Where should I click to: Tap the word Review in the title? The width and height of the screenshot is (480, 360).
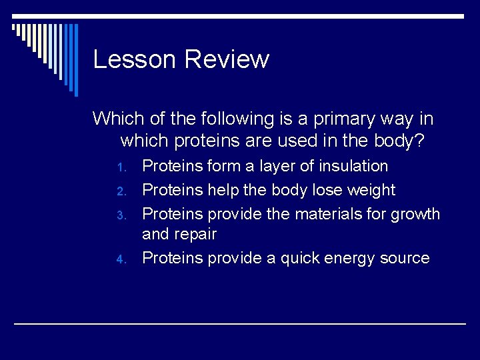click(226, 59)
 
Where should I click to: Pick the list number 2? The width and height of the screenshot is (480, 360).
click(121, 191)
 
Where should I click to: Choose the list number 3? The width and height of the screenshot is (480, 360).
click(121, 215)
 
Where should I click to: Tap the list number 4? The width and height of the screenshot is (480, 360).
click(121, 259)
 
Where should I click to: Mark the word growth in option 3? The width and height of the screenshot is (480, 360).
click(415, 214)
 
